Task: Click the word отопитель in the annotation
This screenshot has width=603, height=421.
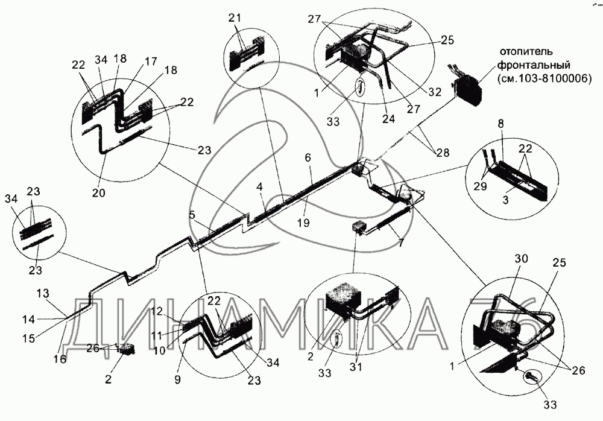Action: pos(528,50)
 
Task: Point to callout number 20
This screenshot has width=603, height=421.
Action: pos(99,193)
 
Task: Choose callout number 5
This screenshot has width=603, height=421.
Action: pos(191,214)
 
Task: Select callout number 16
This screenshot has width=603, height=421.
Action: pos(58,358)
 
